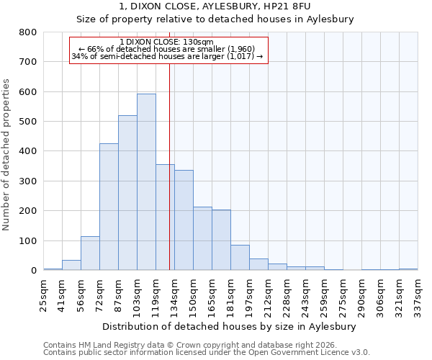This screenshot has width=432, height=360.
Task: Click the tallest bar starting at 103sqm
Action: (x=146, y=182)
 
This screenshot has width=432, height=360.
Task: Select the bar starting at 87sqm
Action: (x=127, y=193)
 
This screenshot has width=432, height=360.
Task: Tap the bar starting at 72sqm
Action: (x=109, y=207)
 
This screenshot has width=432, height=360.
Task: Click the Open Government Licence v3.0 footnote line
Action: (x=207, y=353)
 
